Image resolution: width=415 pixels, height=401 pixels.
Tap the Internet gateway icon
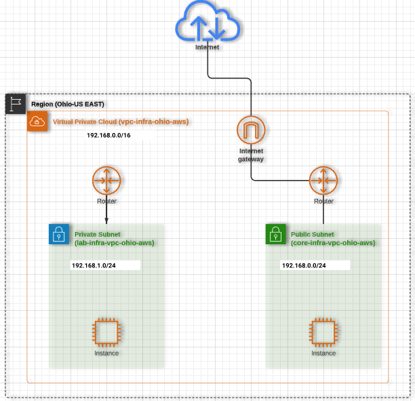[x=251, y=130]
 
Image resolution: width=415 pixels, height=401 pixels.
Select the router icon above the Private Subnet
[x=106, y=180]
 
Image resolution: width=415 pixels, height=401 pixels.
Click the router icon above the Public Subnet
[x=323, y=180]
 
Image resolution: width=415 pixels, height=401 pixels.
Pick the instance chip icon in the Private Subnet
[x=106, y=332]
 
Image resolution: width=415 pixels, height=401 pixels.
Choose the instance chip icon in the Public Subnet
[x=323, y=332]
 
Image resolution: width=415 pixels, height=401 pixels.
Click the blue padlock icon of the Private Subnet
[x=59, y=235]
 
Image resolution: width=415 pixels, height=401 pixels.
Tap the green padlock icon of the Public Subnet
[x=276, y=235]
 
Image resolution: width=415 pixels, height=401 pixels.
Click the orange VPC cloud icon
[x=37, y=122]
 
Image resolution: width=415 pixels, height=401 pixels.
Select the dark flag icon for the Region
[x=16, y=104]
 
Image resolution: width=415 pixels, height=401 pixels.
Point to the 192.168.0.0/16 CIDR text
[x=108, y=136]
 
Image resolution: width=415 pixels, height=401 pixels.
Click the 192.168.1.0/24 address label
[x=93, y=265]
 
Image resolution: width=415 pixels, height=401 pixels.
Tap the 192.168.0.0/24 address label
[x=303, y=265]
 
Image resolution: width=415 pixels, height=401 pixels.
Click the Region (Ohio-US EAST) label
[x=68, y=104]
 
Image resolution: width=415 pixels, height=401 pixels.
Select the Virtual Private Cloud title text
[x=120, y=122]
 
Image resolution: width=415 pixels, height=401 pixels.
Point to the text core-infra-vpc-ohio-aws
[x=333, y=243]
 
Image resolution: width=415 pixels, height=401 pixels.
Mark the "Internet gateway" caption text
[x=251, y=155]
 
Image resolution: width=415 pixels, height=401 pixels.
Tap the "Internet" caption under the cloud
[x=207, y=47]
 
